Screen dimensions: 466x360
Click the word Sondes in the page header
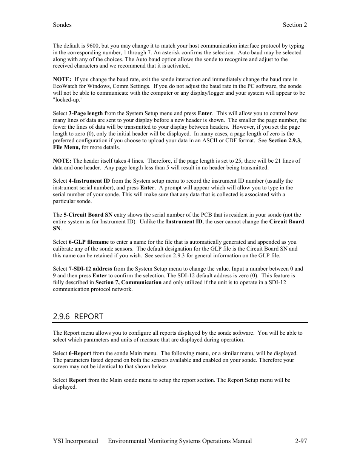(x=62, y=25)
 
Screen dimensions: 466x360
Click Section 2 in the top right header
(x=295, y=25)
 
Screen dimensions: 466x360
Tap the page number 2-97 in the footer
(x=301, y=441)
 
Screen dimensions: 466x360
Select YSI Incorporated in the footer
(x=75, y=441)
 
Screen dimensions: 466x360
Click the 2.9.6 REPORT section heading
(x=78, y=317)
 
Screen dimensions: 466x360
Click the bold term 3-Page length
(x=86, y=113)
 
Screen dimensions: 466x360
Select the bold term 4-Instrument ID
(x=89, y=181)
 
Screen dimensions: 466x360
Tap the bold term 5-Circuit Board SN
(x=88, y=215)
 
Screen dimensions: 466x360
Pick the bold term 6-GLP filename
(x=89, y=242)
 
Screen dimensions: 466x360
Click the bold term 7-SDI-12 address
(x=90, y=269)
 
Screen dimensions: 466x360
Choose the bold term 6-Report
(x=80, y=354)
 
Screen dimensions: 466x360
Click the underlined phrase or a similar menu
(x=232, y=354)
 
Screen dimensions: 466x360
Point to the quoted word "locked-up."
(x=68, y=100)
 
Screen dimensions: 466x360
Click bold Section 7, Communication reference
(x=128, y=283)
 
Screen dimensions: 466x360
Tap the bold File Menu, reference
(x=66, y=148)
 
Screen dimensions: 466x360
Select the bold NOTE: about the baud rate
(x=62, y=80)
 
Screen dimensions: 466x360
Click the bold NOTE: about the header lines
(x=62, y=161)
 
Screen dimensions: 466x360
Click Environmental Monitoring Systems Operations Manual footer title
(x=180, y=441)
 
